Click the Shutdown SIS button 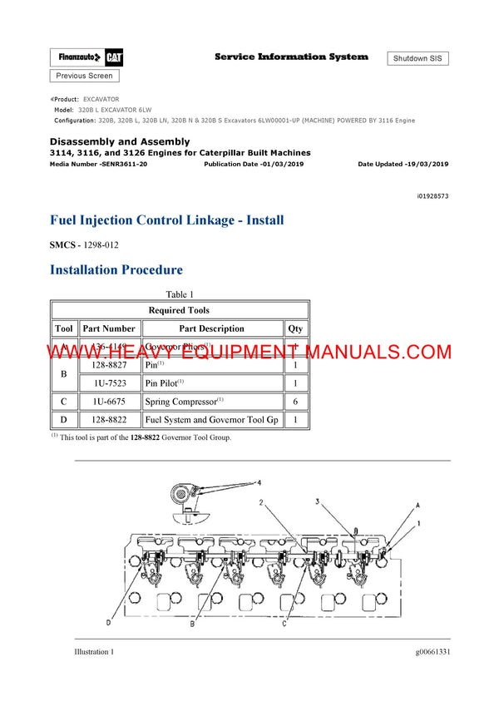[x=417, y=58]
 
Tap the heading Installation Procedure [x=116, y=269]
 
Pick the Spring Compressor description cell [x=185, y=402]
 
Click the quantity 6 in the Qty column [x=295, y=402]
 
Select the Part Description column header [x=211, y=328]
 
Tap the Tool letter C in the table [x=64, y=402]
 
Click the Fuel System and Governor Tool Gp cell [x=211, y=420]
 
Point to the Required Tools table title [x=179, y=310]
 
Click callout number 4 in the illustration [x=258, y=482]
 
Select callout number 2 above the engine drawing [x=260, y=502]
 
